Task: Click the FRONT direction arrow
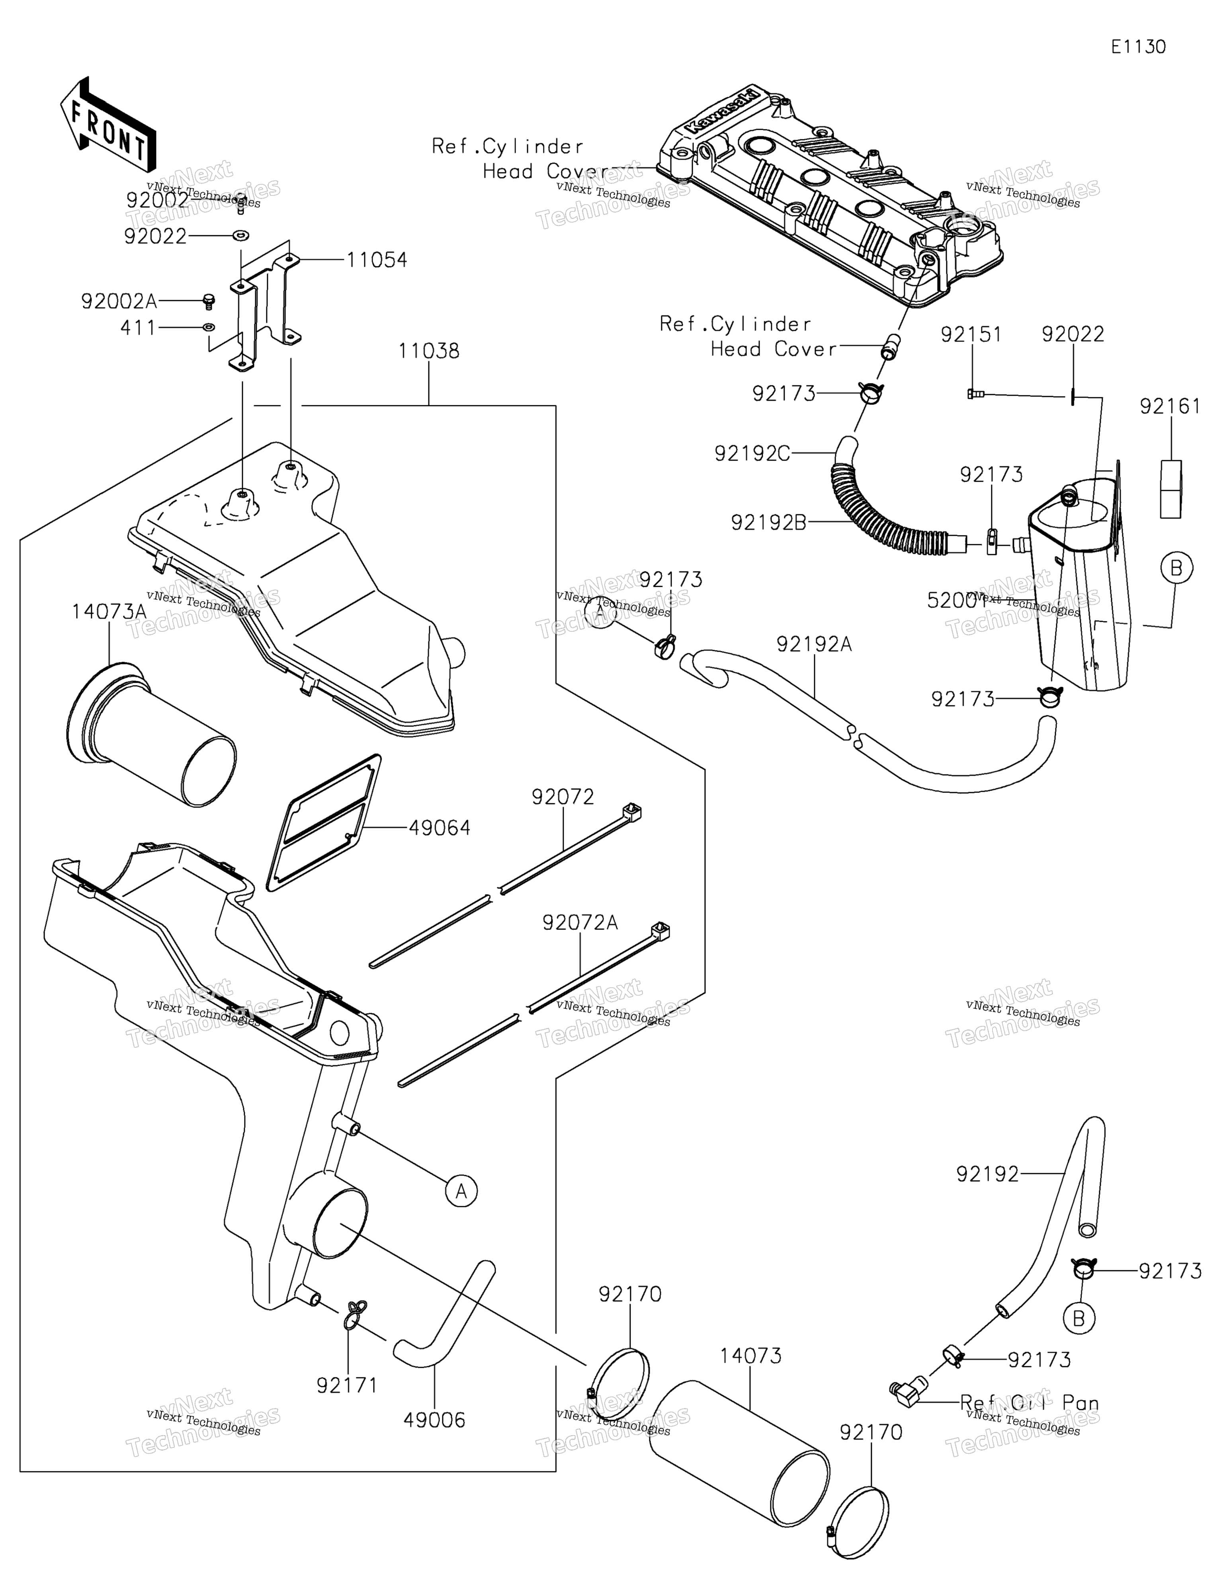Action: coord(107,125)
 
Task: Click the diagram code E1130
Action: coord(1138,47)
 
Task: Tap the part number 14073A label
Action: coord(109,612)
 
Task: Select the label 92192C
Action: coord(752,453)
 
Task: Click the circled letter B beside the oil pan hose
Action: coord(1078,1319)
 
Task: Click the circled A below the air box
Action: coord(462,1190)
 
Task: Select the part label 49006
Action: coord(434,1420)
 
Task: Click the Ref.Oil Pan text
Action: coord(1029,1404)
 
